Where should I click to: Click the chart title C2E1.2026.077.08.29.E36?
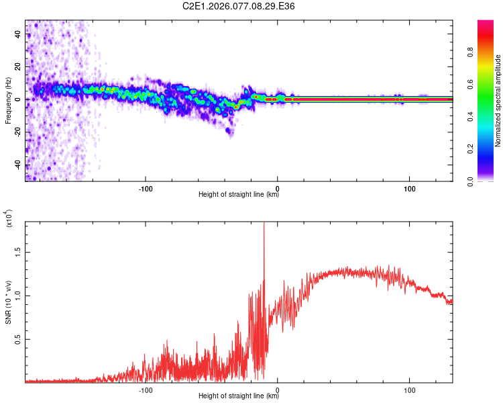pyautogui.click(x=239, y=6)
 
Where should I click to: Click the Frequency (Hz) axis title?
pyautogui.click(x=8, y=100)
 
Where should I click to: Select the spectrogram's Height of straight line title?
pyautogui.click(x=239, y=195)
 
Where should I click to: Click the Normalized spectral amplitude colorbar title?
pyautogui.click(x=498, y=101)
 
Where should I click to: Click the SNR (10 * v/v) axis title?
pyautogui.click(x=8, y=302)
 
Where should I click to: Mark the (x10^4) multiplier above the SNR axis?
pyautogui.click(x=8, y=220)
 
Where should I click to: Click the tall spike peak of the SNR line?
pyautogui.click(x=264, y=224)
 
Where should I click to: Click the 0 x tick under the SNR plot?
pyautogui.click(x=278, y=388)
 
